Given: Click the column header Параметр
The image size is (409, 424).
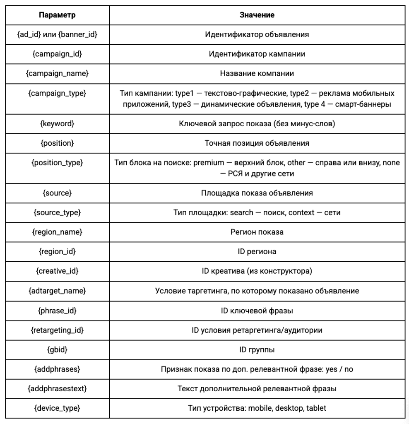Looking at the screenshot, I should (57, 15).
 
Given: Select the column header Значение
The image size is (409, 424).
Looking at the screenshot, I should (257, 15).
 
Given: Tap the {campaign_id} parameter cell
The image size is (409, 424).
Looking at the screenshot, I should (57, 54).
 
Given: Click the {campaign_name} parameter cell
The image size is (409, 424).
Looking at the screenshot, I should (57, 73).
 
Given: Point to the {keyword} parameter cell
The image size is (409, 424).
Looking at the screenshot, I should (57, 123).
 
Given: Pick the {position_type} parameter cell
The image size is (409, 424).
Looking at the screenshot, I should (57, 163).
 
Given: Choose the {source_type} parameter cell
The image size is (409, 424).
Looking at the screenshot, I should (57, 212).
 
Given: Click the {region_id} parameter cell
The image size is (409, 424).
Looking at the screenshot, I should (57, 251).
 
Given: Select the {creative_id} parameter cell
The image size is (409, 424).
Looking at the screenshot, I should (57, 271).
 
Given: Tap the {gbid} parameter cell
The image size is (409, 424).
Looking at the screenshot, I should (57, 349).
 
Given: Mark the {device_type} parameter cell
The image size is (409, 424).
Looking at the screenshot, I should (57, 408).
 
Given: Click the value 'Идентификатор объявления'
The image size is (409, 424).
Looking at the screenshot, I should (257, 34).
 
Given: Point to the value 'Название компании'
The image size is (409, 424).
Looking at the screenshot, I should (257, 73).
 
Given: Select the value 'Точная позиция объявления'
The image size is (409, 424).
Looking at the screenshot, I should (257, 143).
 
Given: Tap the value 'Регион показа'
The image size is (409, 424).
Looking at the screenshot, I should (257, 232).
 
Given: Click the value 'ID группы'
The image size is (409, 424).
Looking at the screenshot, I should (257, 349).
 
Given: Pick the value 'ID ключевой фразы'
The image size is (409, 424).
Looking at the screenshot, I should (257, 310).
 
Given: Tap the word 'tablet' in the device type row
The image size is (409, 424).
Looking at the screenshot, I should (316, 408).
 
